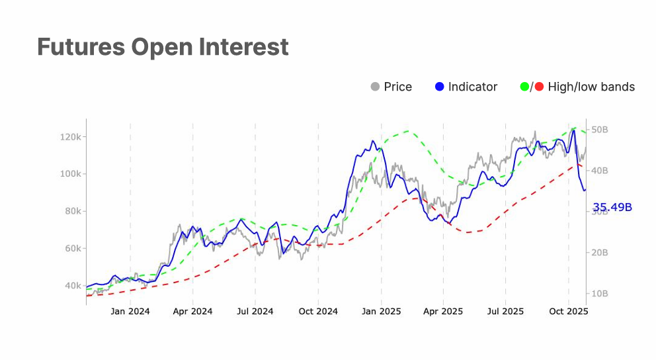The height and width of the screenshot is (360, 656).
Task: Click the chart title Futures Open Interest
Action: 163,48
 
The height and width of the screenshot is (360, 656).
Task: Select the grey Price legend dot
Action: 375,87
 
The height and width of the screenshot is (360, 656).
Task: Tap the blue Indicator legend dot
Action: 440,87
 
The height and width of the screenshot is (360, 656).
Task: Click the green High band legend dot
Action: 525,87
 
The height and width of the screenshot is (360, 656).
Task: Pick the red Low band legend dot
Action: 539,87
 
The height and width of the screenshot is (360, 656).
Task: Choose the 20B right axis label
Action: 599,253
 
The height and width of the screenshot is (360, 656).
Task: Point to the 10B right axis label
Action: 599,293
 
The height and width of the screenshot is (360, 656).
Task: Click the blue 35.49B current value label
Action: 612,207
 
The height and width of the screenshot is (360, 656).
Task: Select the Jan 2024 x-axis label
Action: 130,311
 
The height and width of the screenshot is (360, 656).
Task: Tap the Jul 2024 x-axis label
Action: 255,311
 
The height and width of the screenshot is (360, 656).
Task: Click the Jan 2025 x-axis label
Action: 381,311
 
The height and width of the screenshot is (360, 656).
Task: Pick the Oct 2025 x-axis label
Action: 569,311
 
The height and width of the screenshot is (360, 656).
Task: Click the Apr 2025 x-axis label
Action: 443,311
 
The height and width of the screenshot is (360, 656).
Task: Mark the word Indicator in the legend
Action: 473,87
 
